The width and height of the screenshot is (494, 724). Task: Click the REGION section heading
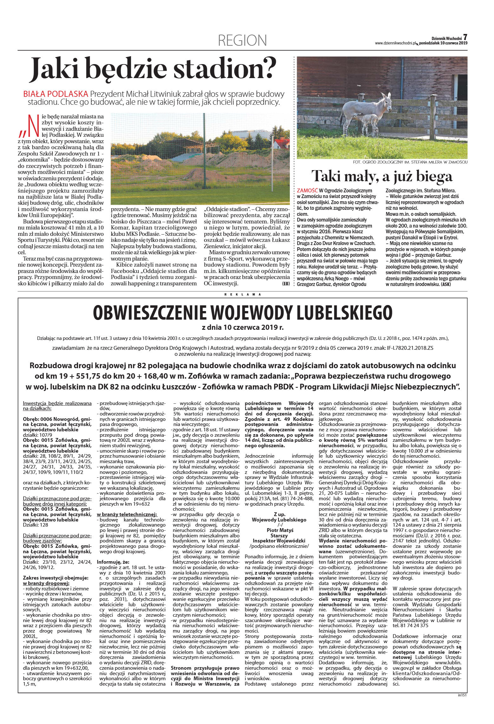242,40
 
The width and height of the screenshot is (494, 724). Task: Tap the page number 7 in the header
465,37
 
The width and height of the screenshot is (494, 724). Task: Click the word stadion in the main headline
222,68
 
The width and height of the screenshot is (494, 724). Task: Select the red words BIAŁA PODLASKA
55,94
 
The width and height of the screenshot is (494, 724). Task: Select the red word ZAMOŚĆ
307,191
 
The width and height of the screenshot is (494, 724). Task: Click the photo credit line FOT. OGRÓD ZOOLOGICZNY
410,162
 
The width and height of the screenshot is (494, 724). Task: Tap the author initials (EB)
286,284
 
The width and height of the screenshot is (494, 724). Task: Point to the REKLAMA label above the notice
243,294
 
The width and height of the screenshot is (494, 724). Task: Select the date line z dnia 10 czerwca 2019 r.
243,327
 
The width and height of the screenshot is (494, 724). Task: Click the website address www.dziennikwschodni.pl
395,43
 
